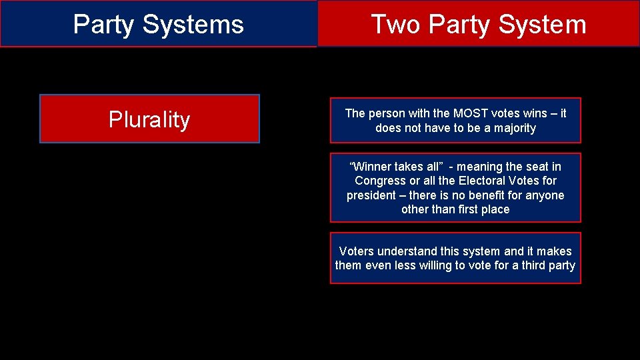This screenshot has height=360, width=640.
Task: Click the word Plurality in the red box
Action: click(149, 120)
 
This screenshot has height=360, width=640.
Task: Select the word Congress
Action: click(379, 181)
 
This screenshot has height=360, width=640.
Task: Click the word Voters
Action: click(357, 251)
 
